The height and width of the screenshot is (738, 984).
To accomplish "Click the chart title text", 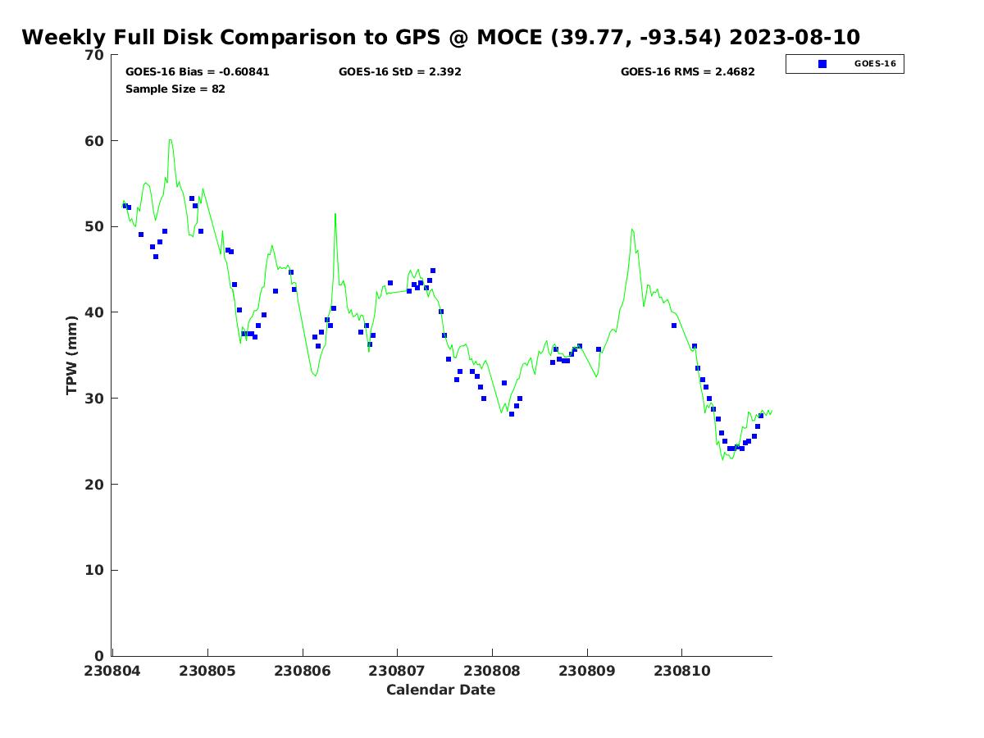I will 440,38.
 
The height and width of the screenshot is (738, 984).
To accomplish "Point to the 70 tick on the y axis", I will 94,55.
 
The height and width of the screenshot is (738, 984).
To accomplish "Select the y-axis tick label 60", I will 94,141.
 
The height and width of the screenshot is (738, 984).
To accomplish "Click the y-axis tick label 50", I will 94,227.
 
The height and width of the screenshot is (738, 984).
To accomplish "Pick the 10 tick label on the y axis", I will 94,571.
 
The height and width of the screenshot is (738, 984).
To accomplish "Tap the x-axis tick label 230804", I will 113,671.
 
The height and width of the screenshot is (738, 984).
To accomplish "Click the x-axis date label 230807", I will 398,671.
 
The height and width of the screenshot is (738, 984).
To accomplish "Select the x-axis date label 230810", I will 682,671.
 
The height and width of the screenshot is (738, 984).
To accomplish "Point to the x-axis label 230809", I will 587,671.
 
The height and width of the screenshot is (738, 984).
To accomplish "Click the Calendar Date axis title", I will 440,690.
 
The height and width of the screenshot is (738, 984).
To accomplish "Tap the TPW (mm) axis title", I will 72,354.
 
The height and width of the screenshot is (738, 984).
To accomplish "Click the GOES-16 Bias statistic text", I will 197,72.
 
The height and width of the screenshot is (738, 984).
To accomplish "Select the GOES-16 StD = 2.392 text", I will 399,72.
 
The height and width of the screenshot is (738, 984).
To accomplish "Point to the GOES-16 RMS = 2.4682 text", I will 687,72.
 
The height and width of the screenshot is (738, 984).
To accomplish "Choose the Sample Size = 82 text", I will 175,89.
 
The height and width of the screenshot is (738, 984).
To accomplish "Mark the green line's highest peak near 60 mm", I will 170,139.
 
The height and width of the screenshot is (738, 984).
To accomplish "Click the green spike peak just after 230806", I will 335,213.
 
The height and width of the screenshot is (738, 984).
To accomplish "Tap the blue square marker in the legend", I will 822,64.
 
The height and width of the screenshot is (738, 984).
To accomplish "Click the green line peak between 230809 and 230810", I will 631,229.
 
